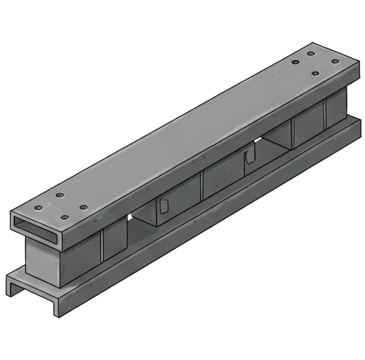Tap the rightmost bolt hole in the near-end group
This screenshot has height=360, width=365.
coord(83,208)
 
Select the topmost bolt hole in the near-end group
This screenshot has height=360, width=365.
coord(59,195)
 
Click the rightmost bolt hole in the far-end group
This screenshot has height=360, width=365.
coord(335,61)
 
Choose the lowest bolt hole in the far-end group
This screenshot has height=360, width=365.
coord(315,73)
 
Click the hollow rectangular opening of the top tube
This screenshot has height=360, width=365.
coord(36,225)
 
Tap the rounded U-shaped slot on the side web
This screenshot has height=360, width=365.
coord(164,206)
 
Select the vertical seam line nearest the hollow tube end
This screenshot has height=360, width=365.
coord(102,244)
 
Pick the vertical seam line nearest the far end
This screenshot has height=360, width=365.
coord(325,112)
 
